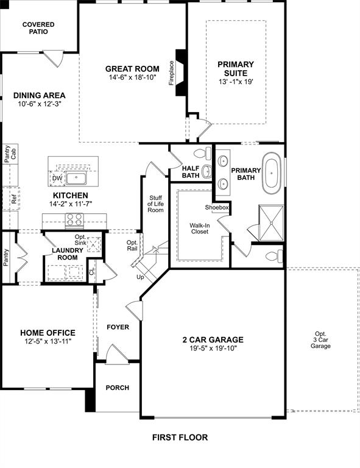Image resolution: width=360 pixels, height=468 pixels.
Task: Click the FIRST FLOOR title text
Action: click(x=180, y=437)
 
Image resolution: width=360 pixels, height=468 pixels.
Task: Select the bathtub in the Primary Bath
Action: click(x=271, y=172)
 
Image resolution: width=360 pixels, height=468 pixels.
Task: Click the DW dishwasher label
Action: click(x=57, y=178)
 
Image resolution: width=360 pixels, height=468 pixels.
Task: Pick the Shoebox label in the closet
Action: click(x=216, y=207)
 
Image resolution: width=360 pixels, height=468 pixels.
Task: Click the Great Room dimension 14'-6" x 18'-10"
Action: click(x=132, y=78)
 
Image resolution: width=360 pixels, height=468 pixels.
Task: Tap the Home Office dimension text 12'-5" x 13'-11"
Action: click(x=48, y=341)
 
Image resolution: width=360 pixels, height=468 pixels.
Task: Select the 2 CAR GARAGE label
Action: click(x=213, y=339)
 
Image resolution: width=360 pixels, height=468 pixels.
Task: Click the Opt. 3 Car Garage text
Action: click(x=320, y=339)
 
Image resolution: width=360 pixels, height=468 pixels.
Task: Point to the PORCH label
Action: click(x=118, y=388)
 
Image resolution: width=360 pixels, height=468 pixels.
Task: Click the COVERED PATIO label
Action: click(x=38, y=28)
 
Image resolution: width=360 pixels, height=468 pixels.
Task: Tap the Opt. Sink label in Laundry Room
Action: click(x=80, y=239)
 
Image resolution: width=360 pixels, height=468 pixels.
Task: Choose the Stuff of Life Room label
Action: click(x=155, y=203)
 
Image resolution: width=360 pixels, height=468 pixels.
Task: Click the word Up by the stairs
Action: click(x=140, y=277)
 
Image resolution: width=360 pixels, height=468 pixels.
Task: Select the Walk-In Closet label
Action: click(x=199, y=229)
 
